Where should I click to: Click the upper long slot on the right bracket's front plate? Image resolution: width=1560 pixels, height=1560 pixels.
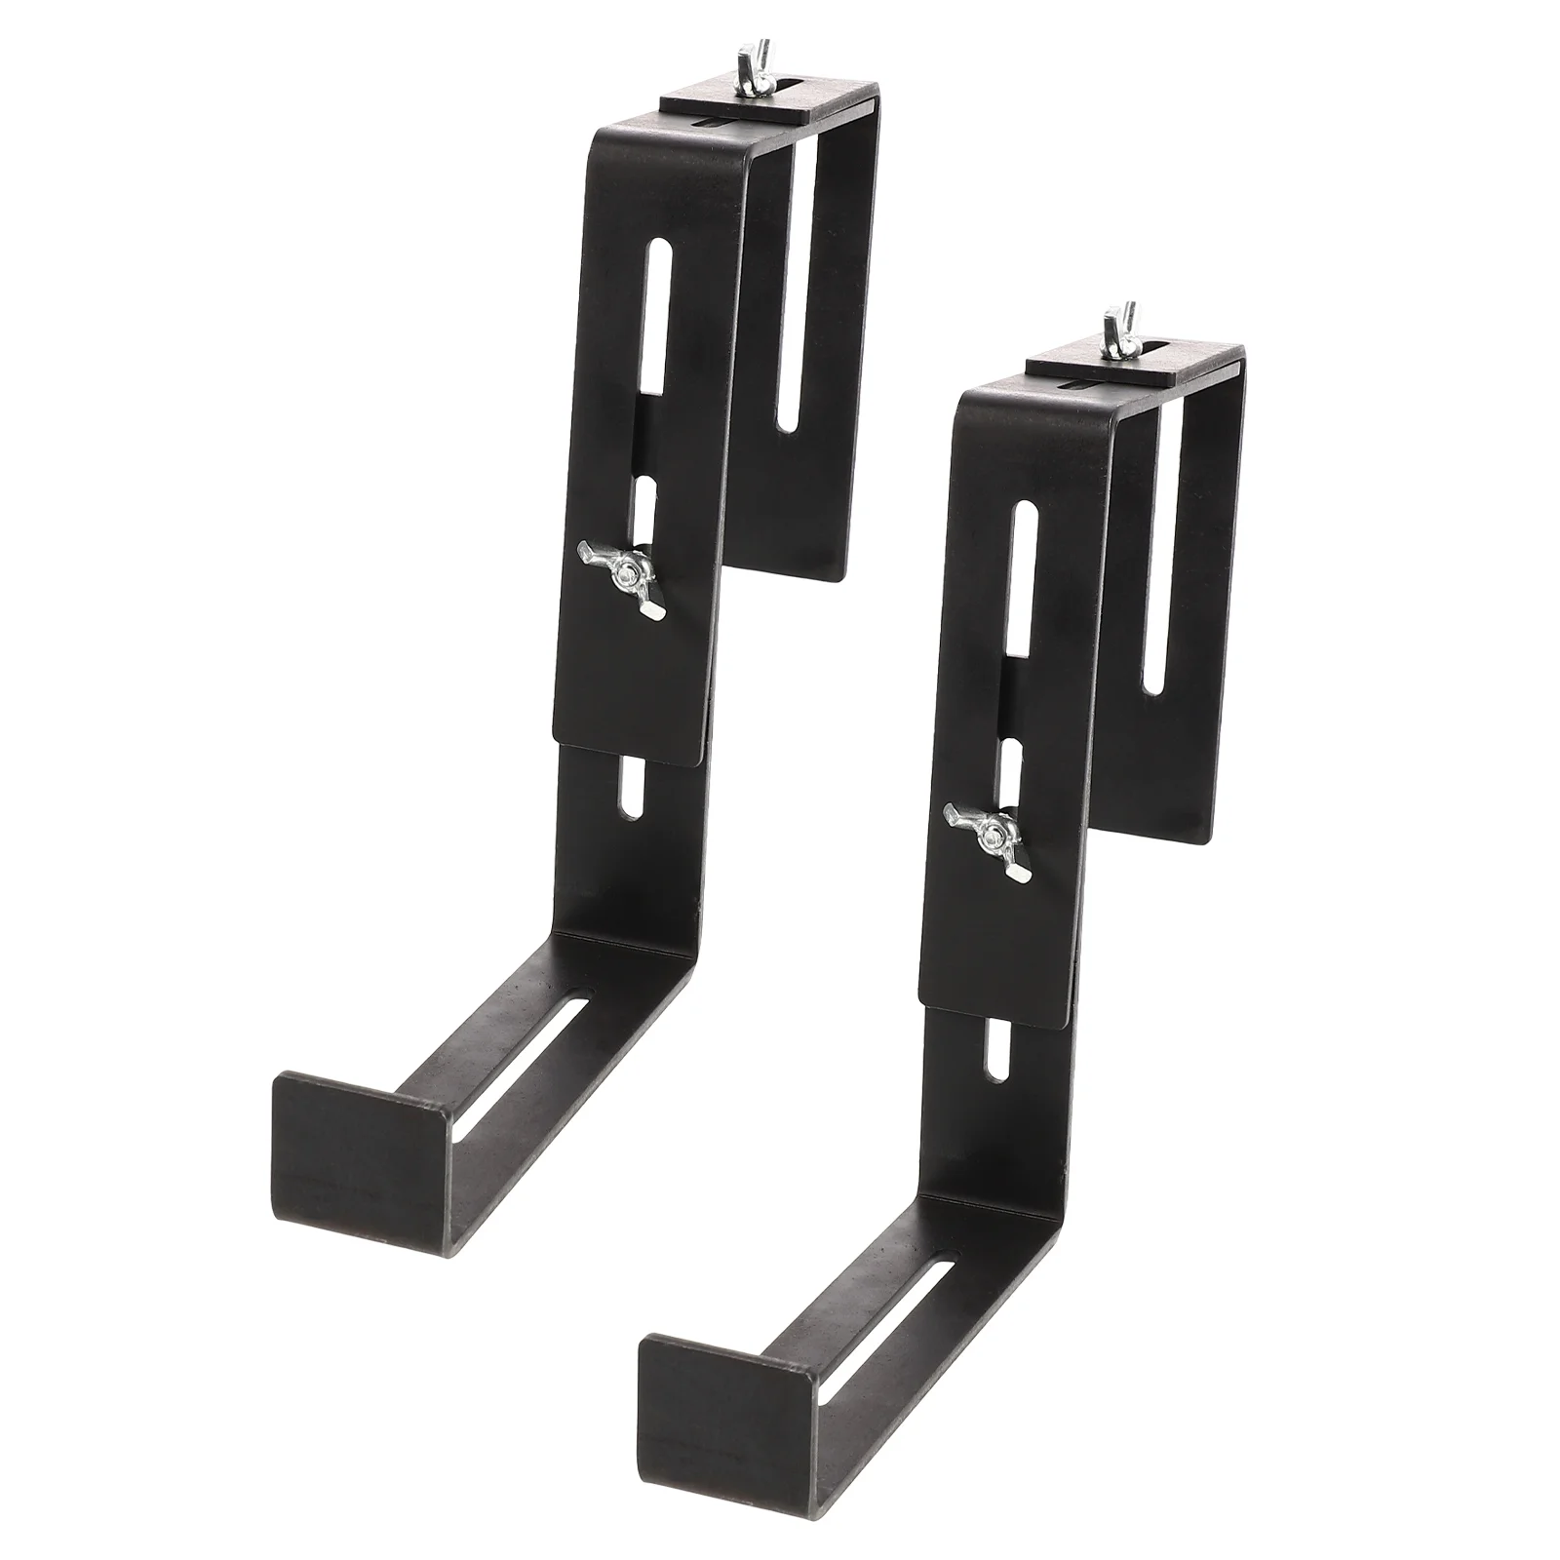[1024, 609]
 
